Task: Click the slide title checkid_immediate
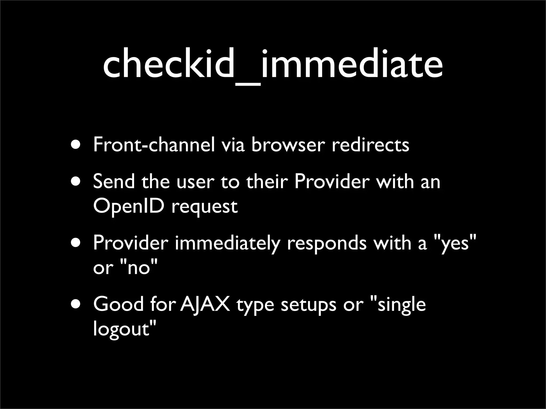point(273,65)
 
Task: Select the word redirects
point(370,145)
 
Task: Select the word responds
point(327,243)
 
